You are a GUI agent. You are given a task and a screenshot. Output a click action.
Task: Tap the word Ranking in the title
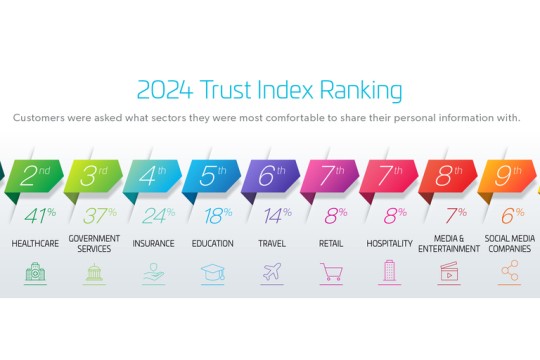click(361, 91)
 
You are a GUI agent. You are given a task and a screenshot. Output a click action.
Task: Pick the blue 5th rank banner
click(211, 178)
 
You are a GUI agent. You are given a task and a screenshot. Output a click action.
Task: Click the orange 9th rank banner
click(508, 178)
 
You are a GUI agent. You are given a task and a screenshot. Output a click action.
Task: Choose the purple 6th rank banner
click(270, 178)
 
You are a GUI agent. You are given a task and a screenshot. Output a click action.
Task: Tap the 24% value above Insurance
click(153, 215)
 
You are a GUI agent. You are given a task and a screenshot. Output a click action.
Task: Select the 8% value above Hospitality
click(390, 215)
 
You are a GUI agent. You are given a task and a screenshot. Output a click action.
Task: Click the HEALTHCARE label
click(36, 243)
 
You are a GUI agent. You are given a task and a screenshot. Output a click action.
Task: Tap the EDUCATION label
click(212, 243)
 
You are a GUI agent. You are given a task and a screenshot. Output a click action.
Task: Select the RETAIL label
click(331, 243)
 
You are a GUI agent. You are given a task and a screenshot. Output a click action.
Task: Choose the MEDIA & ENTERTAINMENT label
click(449, 243)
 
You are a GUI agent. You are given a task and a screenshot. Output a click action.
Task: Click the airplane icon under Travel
click(272, 271)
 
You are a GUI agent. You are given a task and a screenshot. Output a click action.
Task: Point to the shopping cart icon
click(331, 271)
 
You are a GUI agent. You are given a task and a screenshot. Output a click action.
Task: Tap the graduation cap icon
click(212, 271)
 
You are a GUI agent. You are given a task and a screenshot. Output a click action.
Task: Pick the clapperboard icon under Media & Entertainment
click(449, 271)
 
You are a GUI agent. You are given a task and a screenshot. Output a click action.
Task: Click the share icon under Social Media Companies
click(509, 271)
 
